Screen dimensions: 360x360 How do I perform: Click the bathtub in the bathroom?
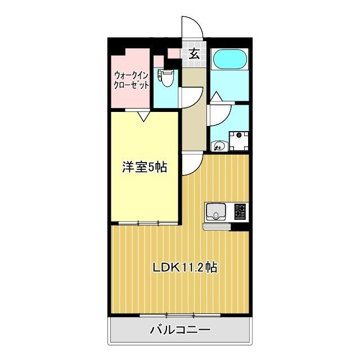[x=229, y=60]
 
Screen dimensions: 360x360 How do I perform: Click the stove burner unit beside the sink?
[x=240, y=211]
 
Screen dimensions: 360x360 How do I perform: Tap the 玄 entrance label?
[x=194, y=54]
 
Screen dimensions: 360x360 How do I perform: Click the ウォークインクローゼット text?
[x=131, y=80]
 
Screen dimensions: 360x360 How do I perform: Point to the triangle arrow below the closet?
[x=143, y=117]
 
